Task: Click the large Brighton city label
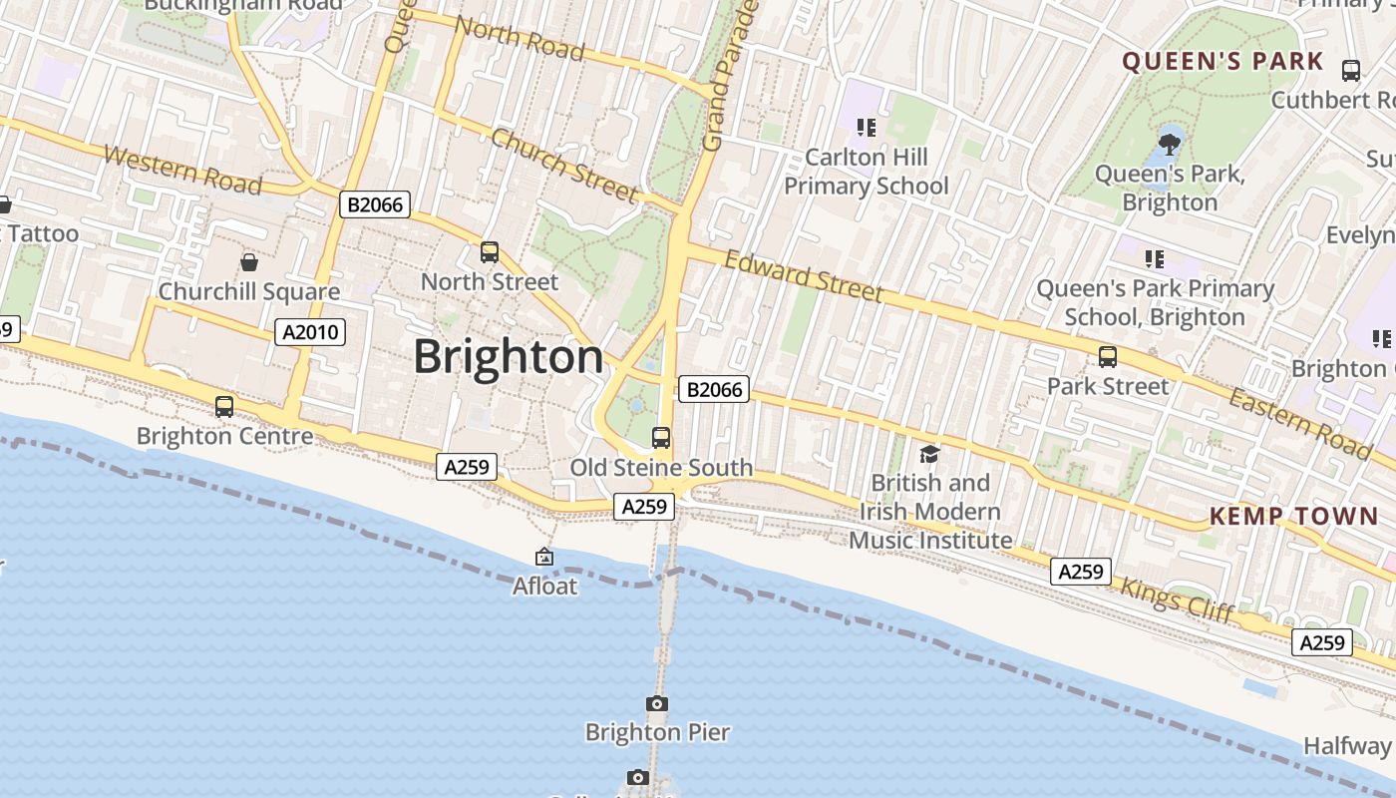tap(509, 357)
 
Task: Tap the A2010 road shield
tap(310, 332)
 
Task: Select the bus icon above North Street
tap(489, 252)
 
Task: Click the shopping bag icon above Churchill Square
tap(249, 262)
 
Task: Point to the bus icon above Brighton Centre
tap(224, 407)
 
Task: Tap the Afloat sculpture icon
tap(544, 558)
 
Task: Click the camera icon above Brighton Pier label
tap(656, 704)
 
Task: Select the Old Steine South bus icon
tap(660, 437)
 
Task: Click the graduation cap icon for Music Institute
tap(929, 455)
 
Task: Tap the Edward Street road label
tap(804, 275)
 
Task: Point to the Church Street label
tap(564, 166)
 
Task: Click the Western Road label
tap(182, 170)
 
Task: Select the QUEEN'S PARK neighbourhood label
tap(1222, 62)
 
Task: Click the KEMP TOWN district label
tap(1293, 516)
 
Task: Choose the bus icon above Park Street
tap(1107, 357)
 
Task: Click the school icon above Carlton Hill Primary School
tap(866, 128)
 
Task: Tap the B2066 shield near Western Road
tap(375, 205)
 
